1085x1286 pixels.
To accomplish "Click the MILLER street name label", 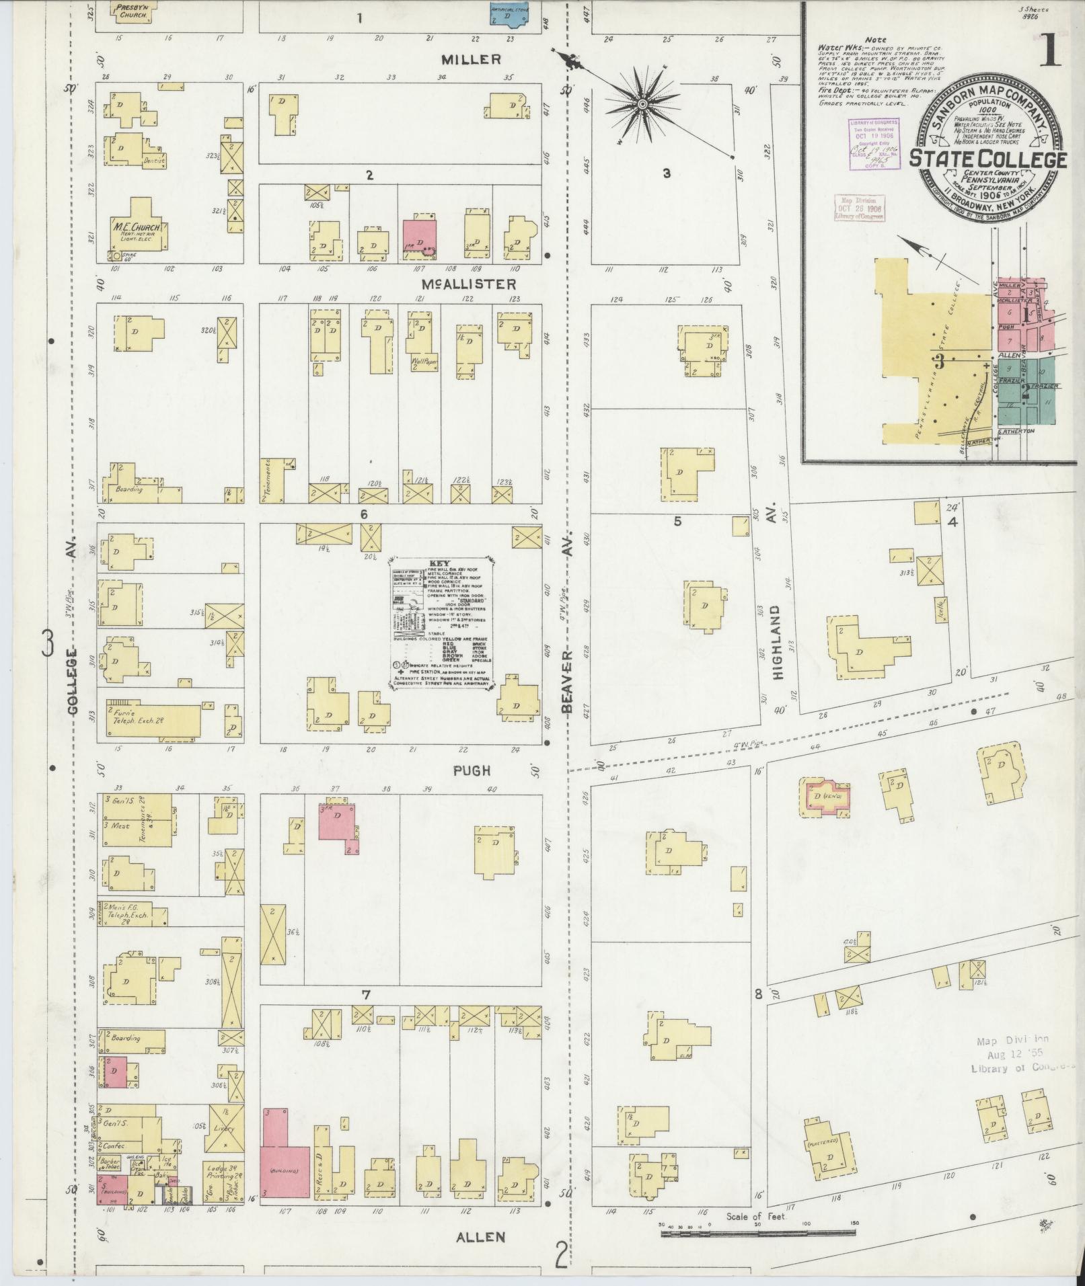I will tap(471, 60).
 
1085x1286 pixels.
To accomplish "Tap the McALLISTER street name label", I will tap(478, 284).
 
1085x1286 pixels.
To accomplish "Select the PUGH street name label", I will tap(472, 770).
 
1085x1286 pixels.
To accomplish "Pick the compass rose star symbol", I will tap(642, 104).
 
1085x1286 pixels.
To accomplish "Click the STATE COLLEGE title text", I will tap(987, 159).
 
